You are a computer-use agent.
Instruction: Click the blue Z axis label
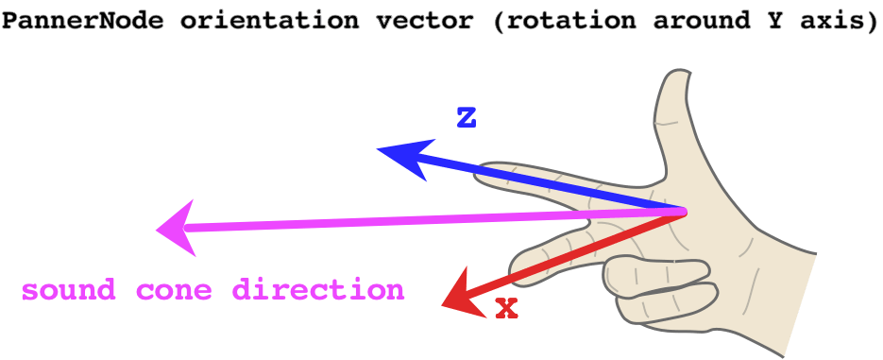click(466, 119)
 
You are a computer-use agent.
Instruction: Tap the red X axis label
click(507, 307)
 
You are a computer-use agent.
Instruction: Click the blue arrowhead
click(400, 156)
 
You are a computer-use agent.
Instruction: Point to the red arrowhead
click(462, 293)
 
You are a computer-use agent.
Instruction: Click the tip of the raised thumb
click(675, 79)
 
